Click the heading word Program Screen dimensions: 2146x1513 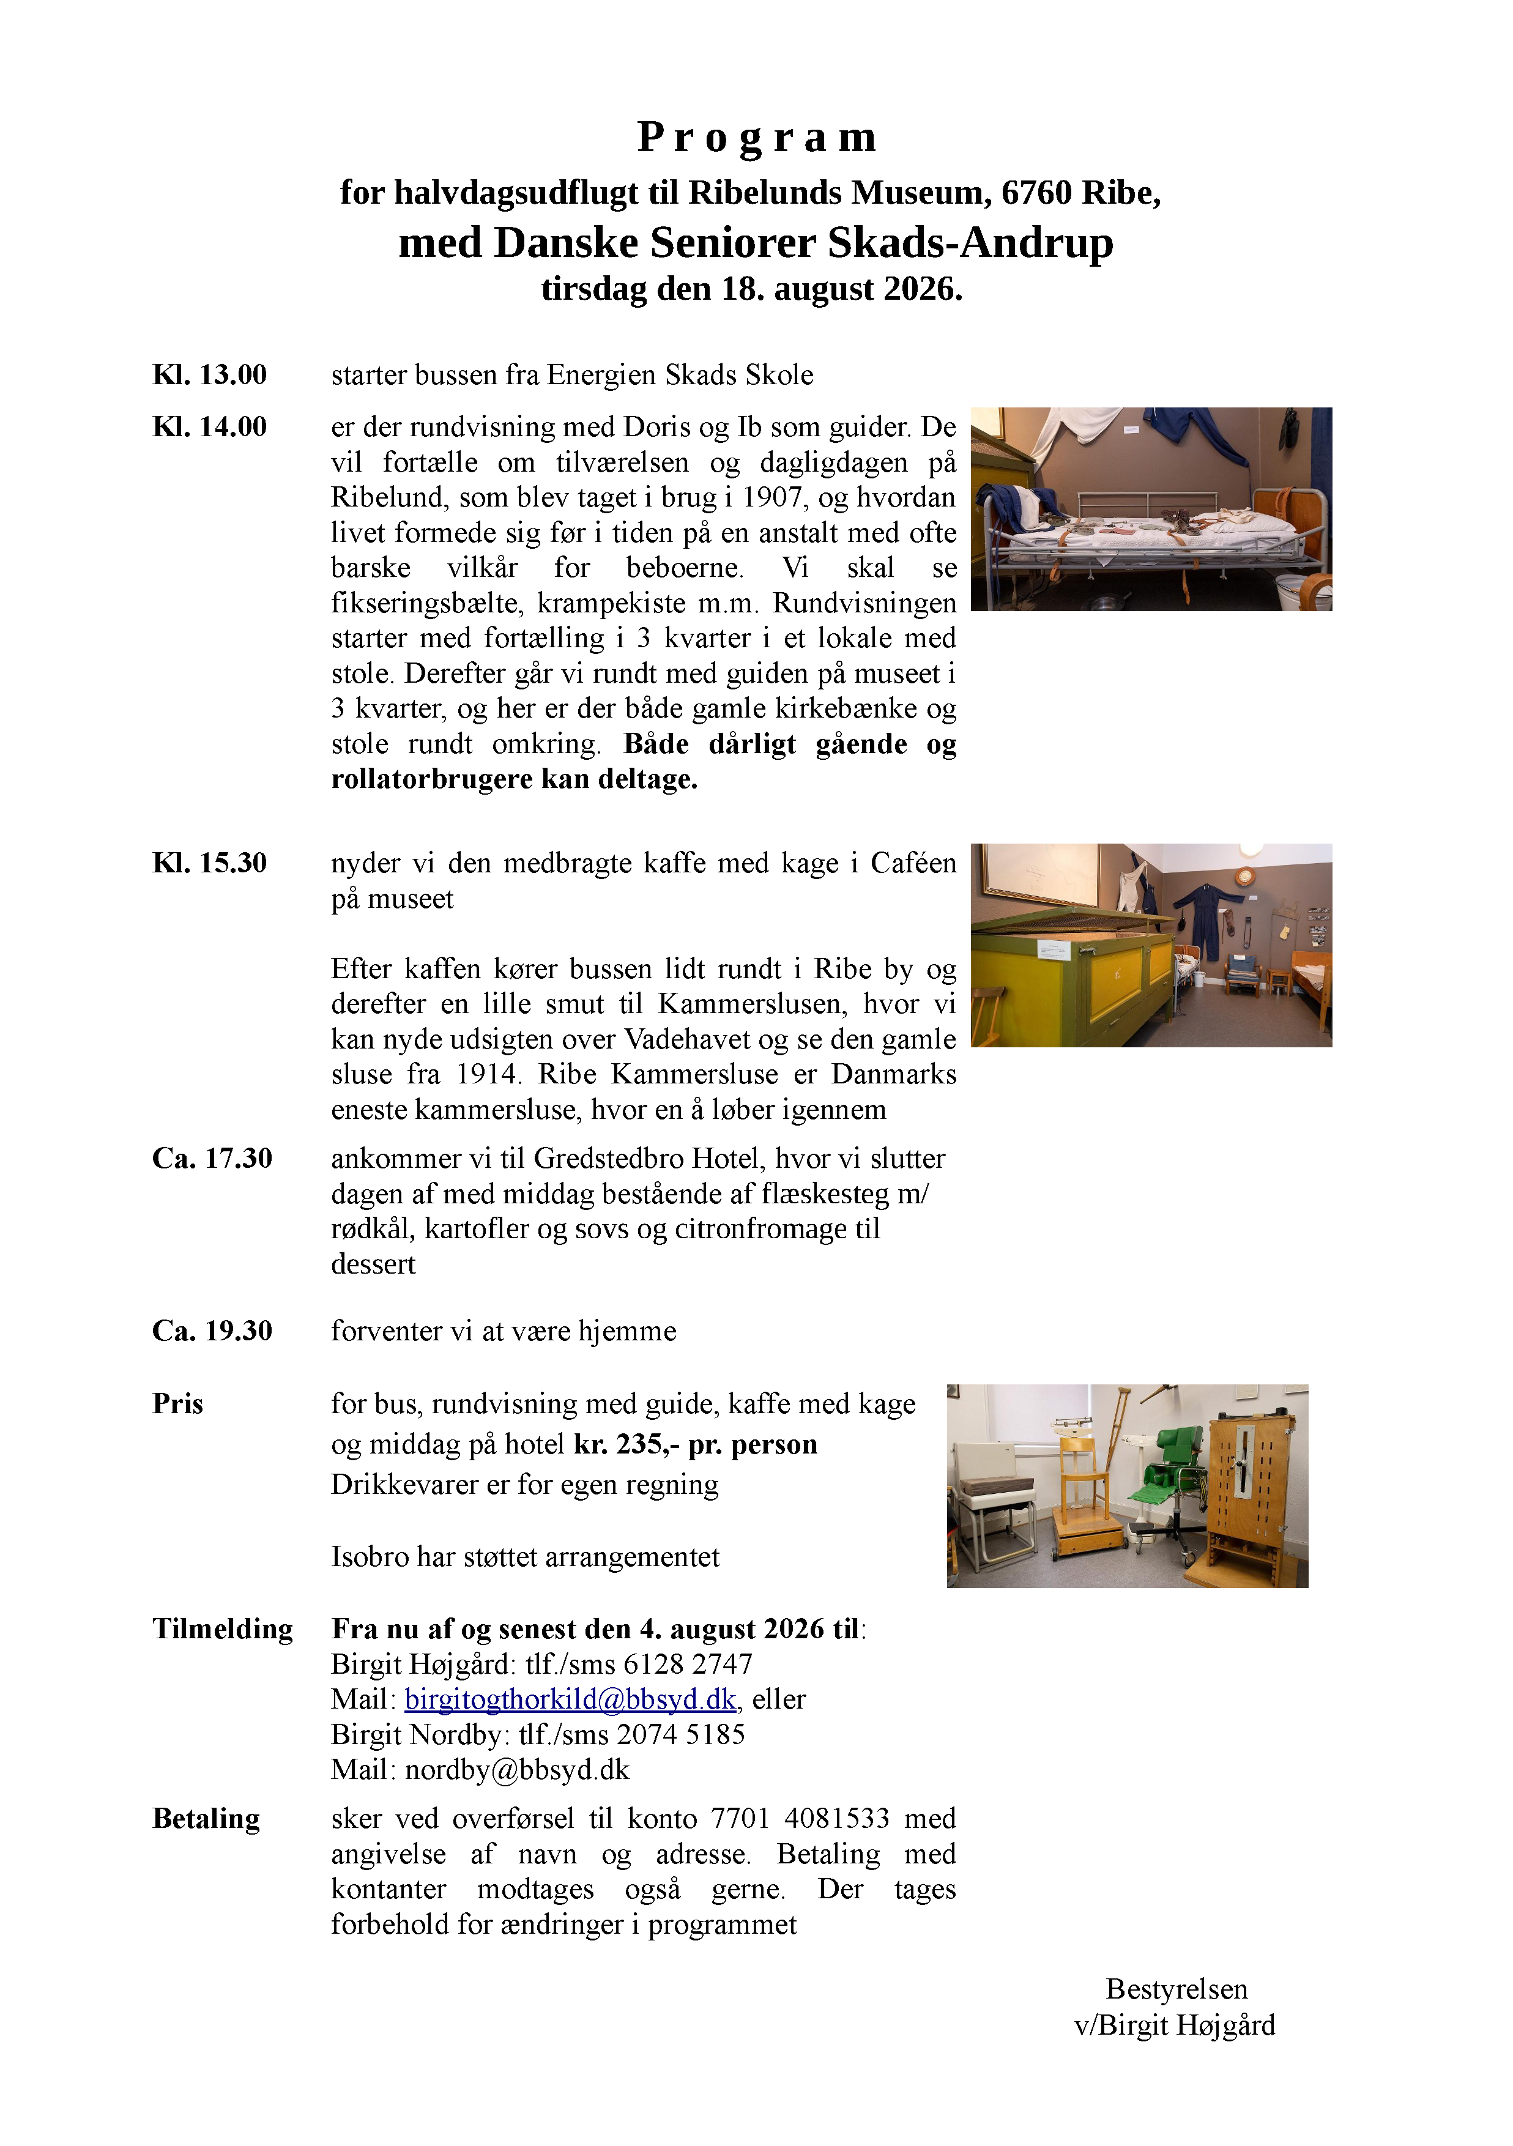tap(756, 138)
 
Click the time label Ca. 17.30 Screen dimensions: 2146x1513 tap(212, 1159)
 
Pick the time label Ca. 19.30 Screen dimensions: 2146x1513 tap(212, 1331)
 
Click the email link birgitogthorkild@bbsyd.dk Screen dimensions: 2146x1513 tap(570, 1699)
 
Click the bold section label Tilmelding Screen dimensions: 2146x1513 tap(223, 1629)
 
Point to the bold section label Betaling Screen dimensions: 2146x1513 tap(207, 1819)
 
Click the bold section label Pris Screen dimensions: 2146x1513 tap(177, 1404)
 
